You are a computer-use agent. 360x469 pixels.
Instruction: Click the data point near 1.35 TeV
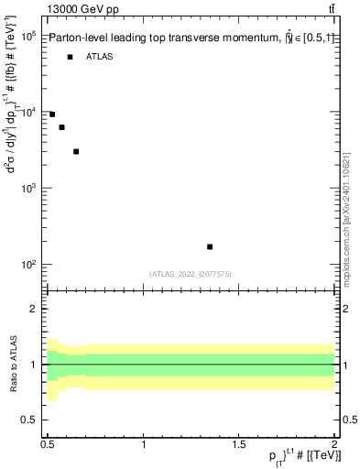(210, 246)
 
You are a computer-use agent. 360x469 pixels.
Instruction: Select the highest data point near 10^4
(52, 115)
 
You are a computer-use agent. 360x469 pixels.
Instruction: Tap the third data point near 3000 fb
(76, 151)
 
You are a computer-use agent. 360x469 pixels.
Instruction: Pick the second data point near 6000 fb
(61, 127)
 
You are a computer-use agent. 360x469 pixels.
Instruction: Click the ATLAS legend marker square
(70, 57)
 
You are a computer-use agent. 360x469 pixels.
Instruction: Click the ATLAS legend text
(100, 57)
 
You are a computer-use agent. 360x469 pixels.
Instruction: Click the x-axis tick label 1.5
(238, 445)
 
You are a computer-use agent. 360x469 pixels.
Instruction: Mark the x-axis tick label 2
(333, 445)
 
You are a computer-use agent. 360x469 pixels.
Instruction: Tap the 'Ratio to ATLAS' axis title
(13, 364)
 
